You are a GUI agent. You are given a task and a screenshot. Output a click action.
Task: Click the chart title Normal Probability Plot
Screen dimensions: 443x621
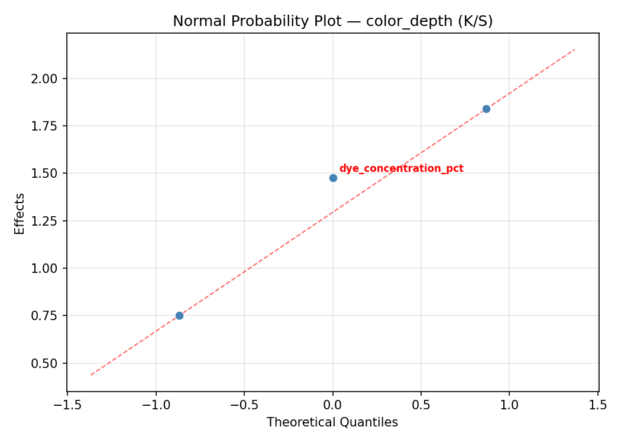point(332,21)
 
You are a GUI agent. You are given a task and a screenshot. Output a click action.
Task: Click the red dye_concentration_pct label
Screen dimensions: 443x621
point(401,168)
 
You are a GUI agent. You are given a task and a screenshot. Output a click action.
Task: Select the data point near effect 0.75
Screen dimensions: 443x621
point(179,315)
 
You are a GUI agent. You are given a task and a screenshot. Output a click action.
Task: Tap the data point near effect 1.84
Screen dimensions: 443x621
point(486,109)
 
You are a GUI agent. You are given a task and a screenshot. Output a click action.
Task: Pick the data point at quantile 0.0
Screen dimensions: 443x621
point(333,178)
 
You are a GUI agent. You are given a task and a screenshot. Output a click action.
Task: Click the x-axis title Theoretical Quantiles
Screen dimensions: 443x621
point(332,422)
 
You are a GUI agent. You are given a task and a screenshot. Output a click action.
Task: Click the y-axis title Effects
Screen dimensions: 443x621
point(20,213)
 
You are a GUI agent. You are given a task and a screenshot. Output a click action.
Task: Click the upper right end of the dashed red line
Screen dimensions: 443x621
point(574,49)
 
